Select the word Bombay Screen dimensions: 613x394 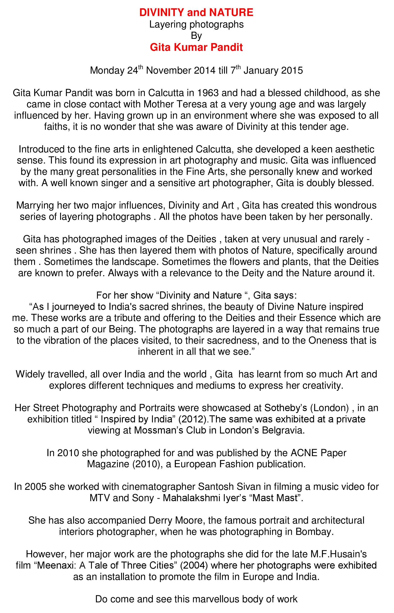pos(314,532)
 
